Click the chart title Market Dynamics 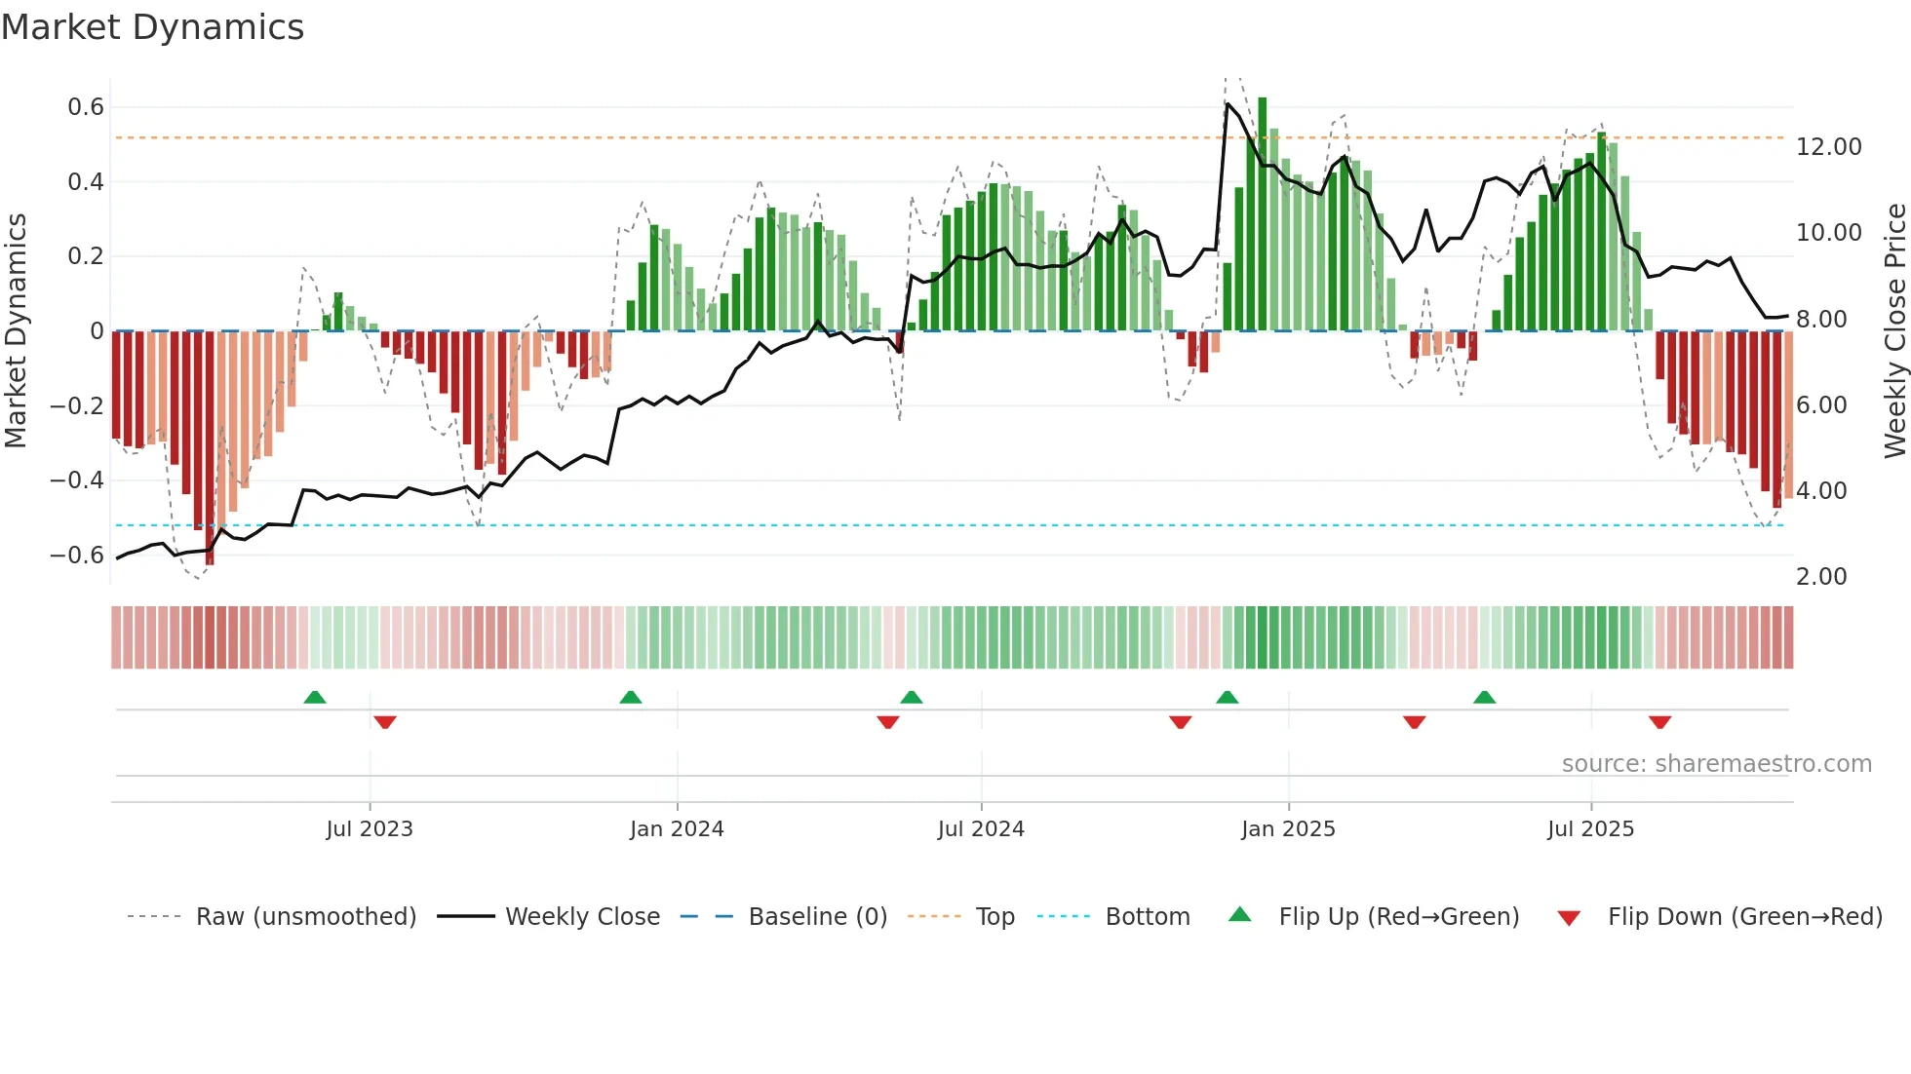152,27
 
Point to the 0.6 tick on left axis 86,107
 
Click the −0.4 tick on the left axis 77,480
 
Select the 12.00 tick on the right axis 1828,147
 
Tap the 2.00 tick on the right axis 1821,577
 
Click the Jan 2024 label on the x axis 677,829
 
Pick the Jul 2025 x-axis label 1590,829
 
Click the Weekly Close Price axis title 1894,331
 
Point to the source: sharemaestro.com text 1716,764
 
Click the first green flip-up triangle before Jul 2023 315,698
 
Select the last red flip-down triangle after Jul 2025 1660,722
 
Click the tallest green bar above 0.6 1263,214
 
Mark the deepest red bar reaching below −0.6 210,448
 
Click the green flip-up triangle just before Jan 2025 1228,698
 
